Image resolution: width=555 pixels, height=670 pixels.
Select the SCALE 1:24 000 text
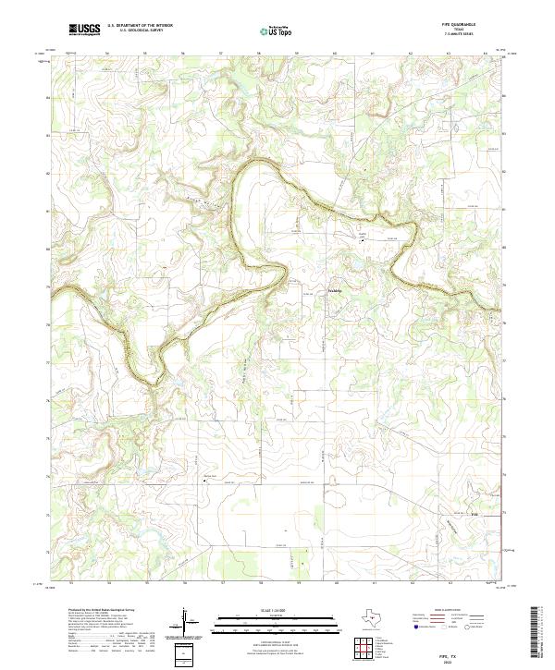pos(259,610)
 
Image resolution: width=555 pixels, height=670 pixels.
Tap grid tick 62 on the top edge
pos(410,54)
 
